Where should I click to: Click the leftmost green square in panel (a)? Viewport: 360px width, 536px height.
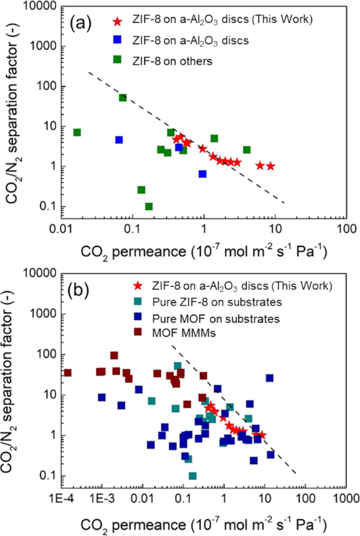[77, 132]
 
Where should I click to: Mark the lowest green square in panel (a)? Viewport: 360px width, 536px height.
[148, 206]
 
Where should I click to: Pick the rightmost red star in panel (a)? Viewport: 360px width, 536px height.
[271, 166]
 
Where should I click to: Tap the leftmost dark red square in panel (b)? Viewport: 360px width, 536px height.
[68, 372]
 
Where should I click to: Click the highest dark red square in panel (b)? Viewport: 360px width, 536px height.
[114, 355]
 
